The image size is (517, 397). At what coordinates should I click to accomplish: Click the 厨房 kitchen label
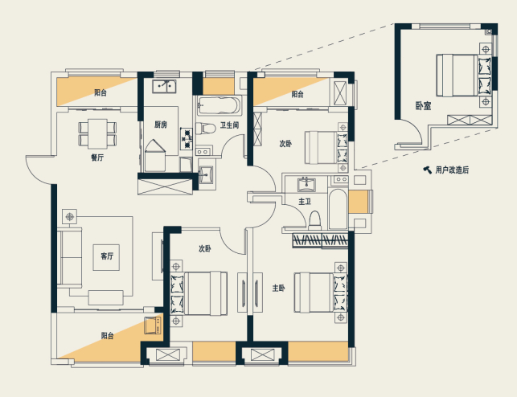[x=161, y=125]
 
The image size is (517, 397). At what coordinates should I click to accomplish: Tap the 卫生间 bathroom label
[x=229, y=125]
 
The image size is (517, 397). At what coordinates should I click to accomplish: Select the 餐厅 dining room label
[x=97, y=158]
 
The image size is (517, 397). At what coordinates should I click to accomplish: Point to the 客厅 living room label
[x=107, y=256]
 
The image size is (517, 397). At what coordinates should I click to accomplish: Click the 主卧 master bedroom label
[x=279, y=289]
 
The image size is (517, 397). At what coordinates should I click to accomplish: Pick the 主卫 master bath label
[x=305, y=201]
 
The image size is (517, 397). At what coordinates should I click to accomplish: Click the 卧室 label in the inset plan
[x=423, y=106]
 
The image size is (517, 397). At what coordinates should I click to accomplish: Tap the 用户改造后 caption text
[x=452, y=170]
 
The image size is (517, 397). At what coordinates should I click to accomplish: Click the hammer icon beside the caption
[x=427, y=170]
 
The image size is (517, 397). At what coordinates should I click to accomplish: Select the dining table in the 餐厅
[x=97, y=133]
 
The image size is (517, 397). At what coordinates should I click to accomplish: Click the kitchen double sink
[x=164, y=86]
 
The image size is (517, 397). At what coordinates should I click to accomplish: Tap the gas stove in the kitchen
[x=187, y=138]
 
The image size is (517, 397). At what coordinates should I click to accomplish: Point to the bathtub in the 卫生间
[x=220, y=105]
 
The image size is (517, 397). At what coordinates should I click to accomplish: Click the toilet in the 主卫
[x=315, y=219]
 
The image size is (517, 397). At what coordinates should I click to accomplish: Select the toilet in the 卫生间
[x=205, y=128]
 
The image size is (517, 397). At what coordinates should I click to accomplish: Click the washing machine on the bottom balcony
[x=153, y=325]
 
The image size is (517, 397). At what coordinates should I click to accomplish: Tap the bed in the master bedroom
[x=321, y=292]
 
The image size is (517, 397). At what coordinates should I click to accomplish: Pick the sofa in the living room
[x=70, y=257]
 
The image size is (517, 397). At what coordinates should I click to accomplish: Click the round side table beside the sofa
[x=69, y=217]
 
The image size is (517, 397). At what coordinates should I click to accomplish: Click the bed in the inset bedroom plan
[x=464, y=75]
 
